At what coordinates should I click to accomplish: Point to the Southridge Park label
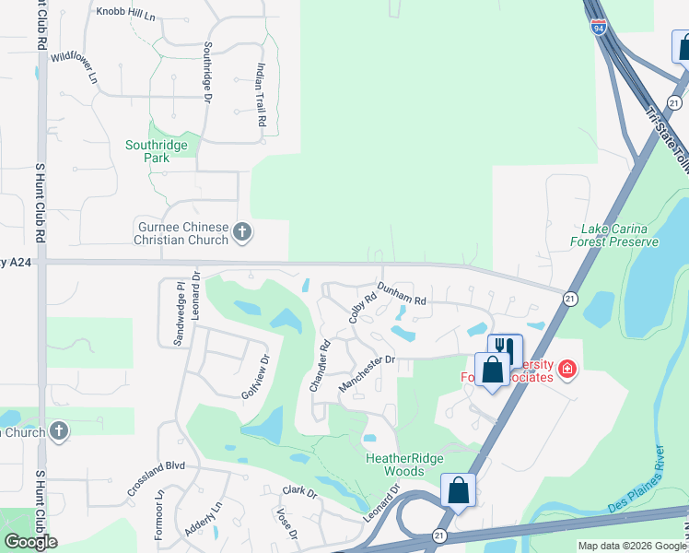(157, 151)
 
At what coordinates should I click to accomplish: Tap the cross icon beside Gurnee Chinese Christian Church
(243, 232)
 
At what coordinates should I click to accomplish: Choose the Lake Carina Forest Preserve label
(620, 235)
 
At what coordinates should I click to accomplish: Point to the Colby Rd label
(363, 308)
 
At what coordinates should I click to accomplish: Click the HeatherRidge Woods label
(404, 465)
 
